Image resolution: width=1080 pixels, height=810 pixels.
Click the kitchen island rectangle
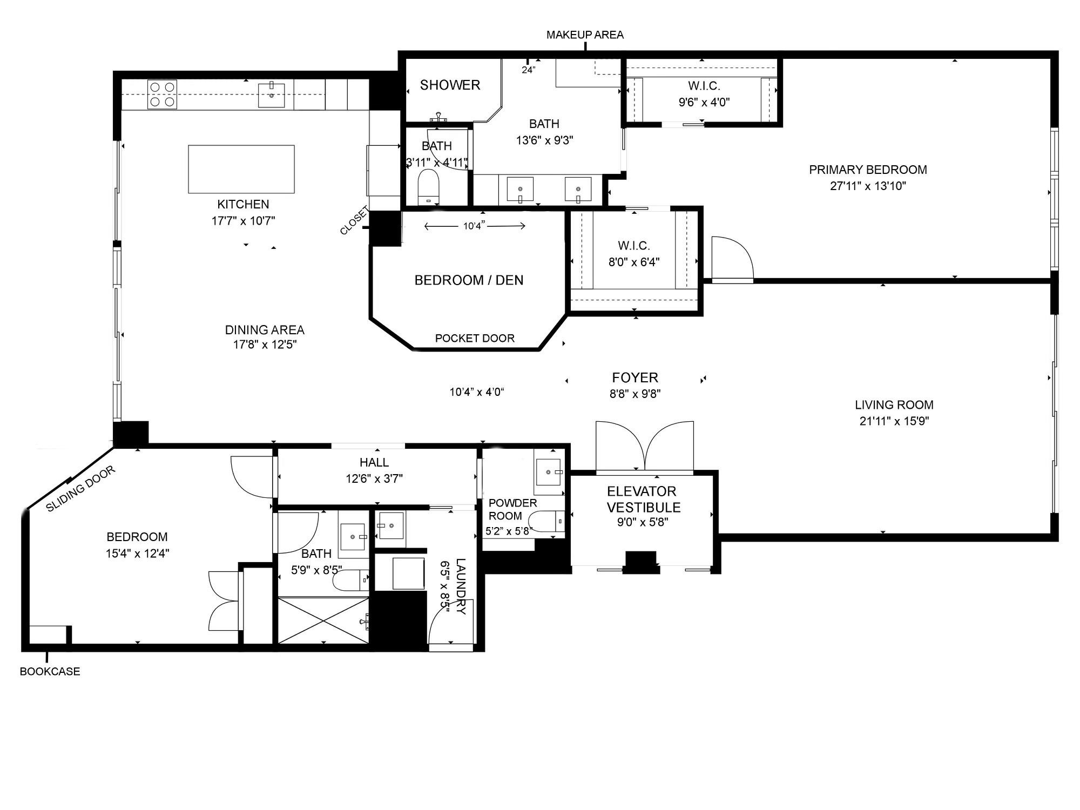tap(241, 169)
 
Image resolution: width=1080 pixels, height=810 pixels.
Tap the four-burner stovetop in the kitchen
tap(163, 94)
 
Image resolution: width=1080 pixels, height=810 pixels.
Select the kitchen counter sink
tap(271, 96)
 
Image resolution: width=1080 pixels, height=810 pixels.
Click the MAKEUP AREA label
tap(585, 35)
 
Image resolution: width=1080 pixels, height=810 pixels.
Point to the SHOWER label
tap(450, 85)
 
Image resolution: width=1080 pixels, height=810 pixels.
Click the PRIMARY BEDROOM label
tap(868, 170)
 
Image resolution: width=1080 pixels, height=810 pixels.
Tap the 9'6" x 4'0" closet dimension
tap(704, 102)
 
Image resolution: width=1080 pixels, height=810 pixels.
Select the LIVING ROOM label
tap(894, 405)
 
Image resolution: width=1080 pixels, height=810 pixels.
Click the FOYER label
tap(635, 377)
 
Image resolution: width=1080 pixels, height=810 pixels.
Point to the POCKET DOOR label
tap(475, 339)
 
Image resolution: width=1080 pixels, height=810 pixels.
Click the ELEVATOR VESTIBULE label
tap(643, 500)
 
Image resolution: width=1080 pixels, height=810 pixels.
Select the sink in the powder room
tap(549, 472)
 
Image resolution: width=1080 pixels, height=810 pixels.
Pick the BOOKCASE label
tap(50, 672)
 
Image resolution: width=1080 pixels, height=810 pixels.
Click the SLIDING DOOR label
tap(80, 489)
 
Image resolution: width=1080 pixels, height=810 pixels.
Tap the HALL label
tap(374, 462)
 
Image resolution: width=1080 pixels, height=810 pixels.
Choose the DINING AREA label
tap(265, 330)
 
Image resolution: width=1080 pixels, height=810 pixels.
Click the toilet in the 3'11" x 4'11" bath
tap(429, 187)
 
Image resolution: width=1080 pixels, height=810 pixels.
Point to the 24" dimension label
tap(529, 70)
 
